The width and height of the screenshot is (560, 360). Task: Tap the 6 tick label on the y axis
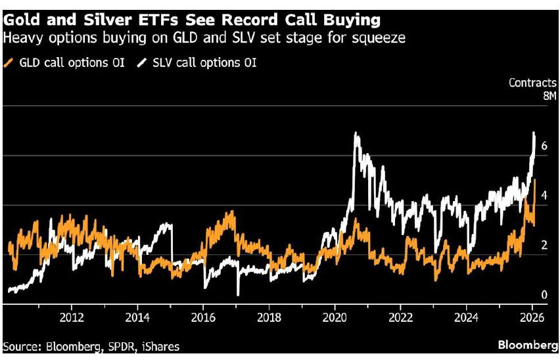(544, 146)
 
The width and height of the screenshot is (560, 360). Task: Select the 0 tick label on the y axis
(544, 294)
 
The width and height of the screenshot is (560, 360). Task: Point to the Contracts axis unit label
(533, 83)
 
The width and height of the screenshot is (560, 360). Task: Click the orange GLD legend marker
(8, 63)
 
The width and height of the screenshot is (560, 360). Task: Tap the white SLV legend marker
(141, 63)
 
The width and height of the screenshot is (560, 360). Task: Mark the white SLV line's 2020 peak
(356, 133)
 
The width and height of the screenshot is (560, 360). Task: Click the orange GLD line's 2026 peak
(535, 180)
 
